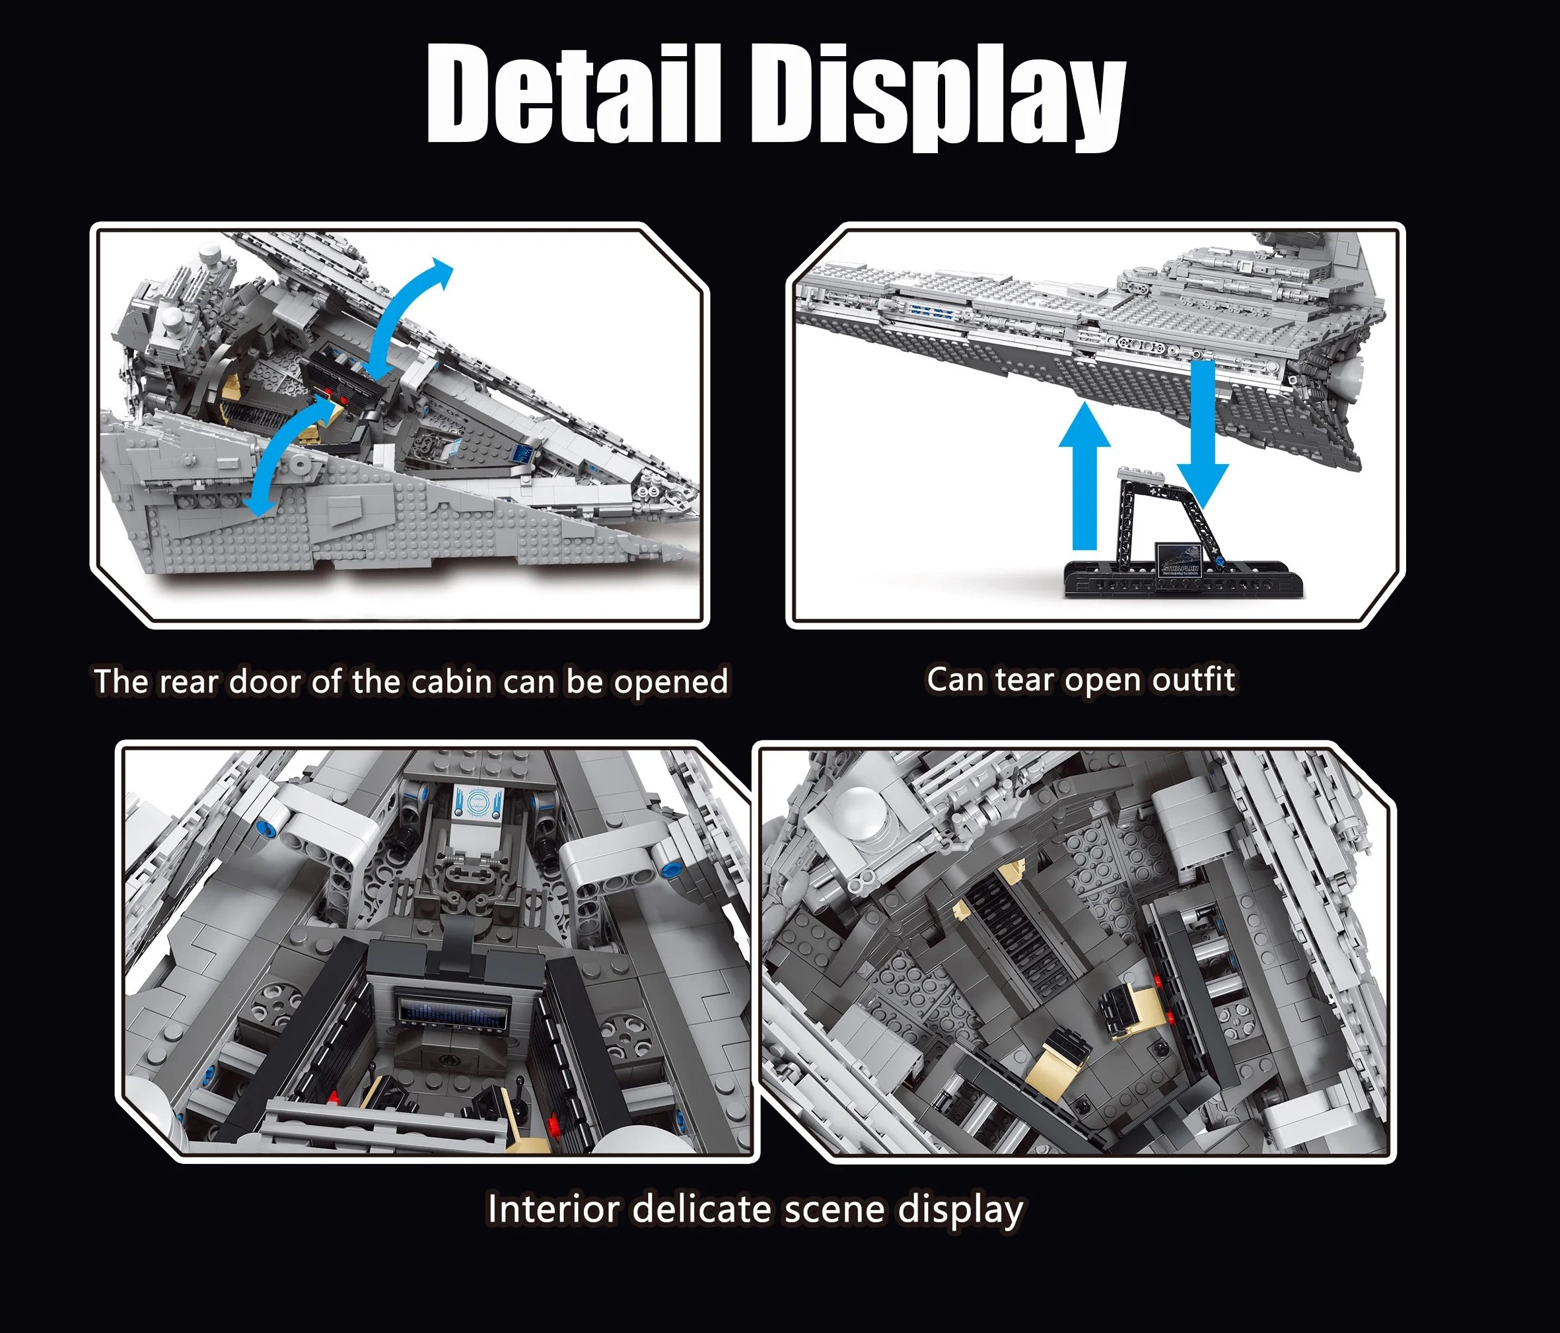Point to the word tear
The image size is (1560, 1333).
[1022, 679]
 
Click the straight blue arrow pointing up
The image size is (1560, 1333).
[1084, 477]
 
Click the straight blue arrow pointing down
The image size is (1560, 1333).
[1203, 435]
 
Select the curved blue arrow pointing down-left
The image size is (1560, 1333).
[281, 456]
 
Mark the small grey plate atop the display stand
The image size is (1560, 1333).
[1141, 473]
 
